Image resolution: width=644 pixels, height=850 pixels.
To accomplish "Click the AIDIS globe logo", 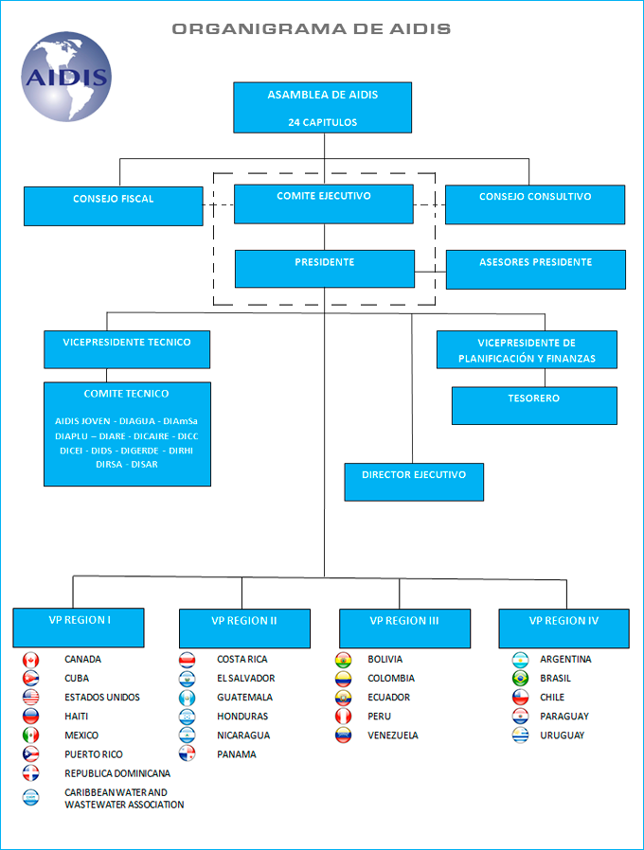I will pyautogui.click(x=67, y=78).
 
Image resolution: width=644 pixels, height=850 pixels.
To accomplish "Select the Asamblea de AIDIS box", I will pyautogui.click(x=323, y=107).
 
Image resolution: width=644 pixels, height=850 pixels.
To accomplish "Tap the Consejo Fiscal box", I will pyautogui.click(x=114, y=205).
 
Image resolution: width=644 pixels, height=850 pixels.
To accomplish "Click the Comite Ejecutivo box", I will pyautogui.click(x=324, y=204).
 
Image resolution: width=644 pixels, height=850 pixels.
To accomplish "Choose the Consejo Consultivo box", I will pyautogui.click(x=535, y=204).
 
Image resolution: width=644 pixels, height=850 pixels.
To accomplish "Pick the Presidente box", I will pyautogui.click(x=325, y=269).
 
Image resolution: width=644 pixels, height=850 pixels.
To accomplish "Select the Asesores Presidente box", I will pyautogui.click(x=536, y=269).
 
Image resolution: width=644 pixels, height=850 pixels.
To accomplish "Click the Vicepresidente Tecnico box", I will pyautogui.click(x=127, y=348).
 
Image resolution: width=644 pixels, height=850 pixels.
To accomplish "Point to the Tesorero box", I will pyautogui.click(x=534, y=405).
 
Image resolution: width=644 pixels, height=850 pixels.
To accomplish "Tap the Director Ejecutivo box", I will pyautogui.click(x=414, y=482).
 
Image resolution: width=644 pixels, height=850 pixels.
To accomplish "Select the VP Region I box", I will pyautogui.click(x=79, y=628).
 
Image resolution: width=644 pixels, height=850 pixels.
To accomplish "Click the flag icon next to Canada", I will pyautogui.click(x=30, y=660).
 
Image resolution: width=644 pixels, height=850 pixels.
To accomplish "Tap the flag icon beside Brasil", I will pyautogui.click(x=520, y=679).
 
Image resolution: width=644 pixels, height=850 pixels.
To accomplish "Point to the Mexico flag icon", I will pyautogui.click(x=30, y=735).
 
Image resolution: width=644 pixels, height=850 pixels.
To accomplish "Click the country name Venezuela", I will pyautogui.click(x=393, y=735).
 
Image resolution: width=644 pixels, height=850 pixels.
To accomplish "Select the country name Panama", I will pyautogui.click(x=236, y=754).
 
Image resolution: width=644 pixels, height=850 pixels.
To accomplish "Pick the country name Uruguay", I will pyautogui.click(x=563, y=735).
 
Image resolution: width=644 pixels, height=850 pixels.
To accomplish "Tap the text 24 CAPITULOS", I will pyautogui.click(x=323, y=122).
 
